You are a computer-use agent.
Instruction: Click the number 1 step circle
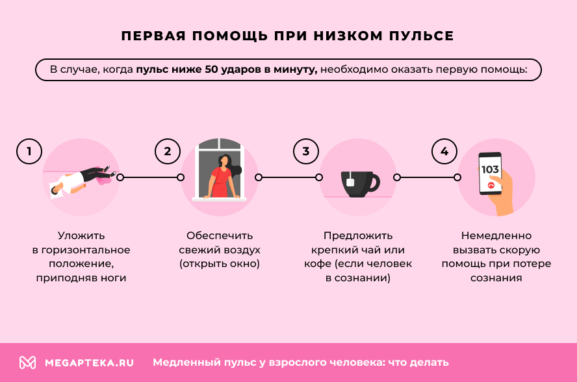click(x=29, y=152)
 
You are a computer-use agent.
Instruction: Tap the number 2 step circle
click(x=168, y=152)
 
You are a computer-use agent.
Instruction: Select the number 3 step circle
click(x=306, y=152)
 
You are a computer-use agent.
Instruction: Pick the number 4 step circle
click(x=444, y=152)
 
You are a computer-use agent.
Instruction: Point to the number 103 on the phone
click(x=490, y=170)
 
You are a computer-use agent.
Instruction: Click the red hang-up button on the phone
click(x=491, y=185)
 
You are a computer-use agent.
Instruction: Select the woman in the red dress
click(x=221, y=176)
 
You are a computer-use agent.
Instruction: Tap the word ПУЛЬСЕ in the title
click(x=417, y=36)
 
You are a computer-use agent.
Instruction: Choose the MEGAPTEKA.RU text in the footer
click(x=89, y=363)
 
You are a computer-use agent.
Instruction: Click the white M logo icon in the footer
click(x=27, y=363)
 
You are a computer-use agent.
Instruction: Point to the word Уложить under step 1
click(x=81, y=235)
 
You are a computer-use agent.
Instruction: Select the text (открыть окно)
click(x=220, y=264)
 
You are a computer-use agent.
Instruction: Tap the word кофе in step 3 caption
click(x=318, y=264)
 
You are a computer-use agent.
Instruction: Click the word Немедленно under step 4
click(x=496, y=235)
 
